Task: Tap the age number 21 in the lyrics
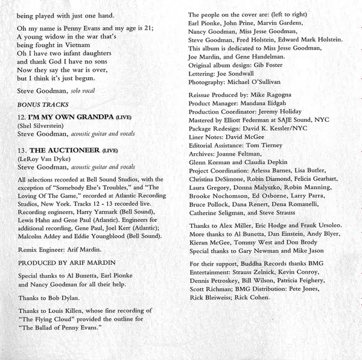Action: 149,28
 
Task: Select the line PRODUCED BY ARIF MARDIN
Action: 66,247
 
